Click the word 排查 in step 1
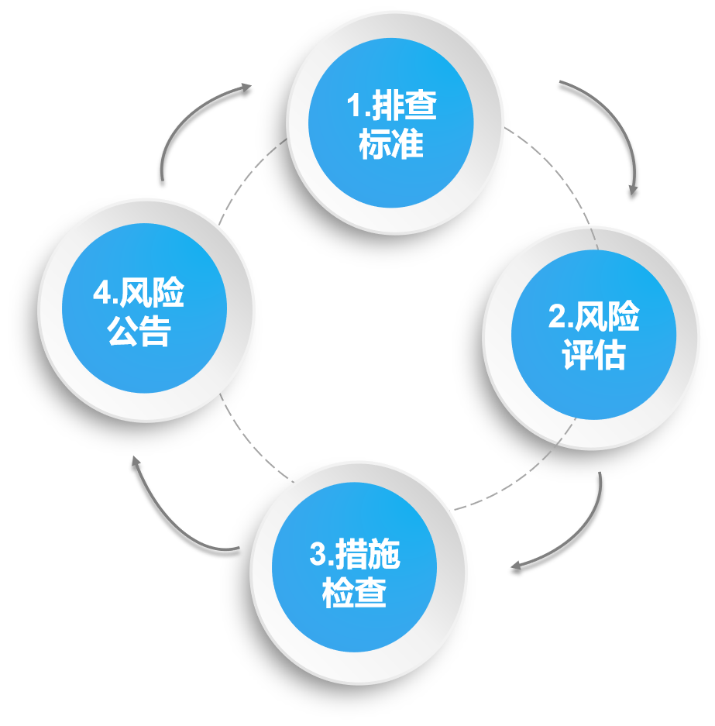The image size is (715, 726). tap(404, 105)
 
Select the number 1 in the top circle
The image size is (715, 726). tap(354, 106)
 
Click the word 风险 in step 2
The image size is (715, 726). tap(607, 318)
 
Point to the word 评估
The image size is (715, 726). tap(593, 356)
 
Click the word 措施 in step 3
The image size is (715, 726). tap(366, 556)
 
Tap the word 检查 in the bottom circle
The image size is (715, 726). tap(354, 594)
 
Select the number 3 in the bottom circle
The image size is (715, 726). tap(317, 556)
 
